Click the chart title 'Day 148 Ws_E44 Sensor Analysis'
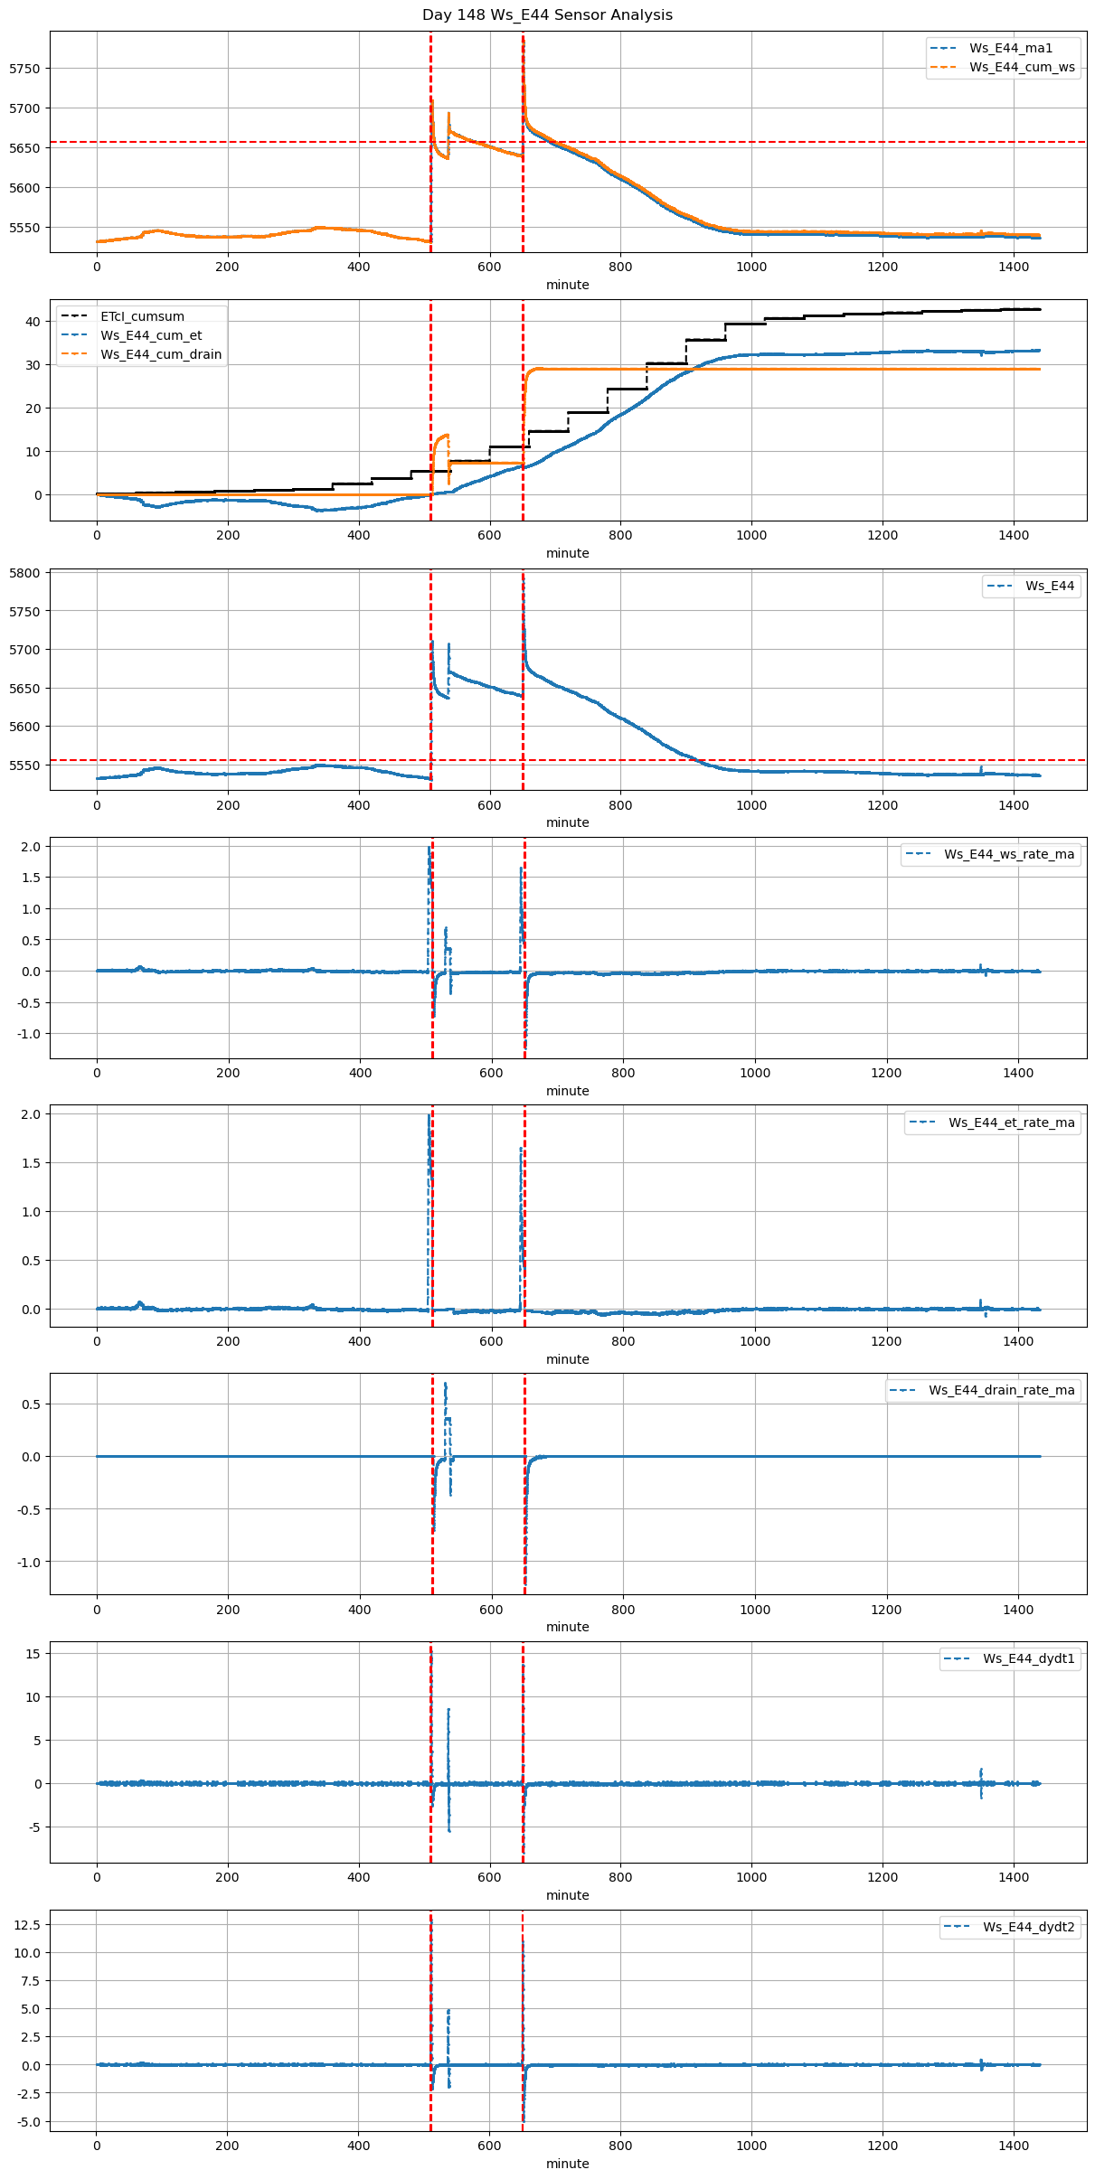[x=547, y=15]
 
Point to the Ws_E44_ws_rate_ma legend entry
[x=1009, y=854]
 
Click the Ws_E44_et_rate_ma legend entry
[x=1011, y=1122]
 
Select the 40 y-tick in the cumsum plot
[x=33, y=322]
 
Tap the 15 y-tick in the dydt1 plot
[x=33, y=1653]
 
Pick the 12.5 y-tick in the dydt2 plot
[x=26, y=1925]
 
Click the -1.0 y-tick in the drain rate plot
[x=28, y=1562]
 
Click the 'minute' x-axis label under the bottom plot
[x=567, y=2164]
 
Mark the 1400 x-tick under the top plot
[x=1013, y=267]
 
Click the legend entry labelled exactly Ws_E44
[x=1049, y=586]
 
